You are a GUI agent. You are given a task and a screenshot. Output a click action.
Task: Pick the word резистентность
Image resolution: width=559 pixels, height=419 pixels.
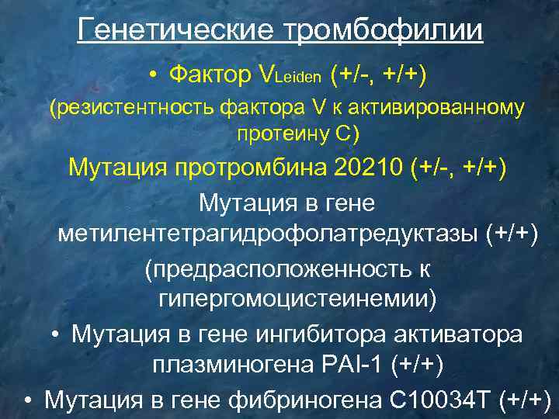(138, 107)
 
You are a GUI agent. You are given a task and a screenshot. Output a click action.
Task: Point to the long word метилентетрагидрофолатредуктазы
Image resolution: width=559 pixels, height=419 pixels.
(269, 234)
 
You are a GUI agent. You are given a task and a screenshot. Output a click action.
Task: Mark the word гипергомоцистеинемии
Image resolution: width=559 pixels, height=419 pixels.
(297, 300)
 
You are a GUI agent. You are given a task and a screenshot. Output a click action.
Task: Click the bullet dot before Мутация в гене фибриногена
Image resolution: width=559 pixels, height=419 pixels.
(27, 400)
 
